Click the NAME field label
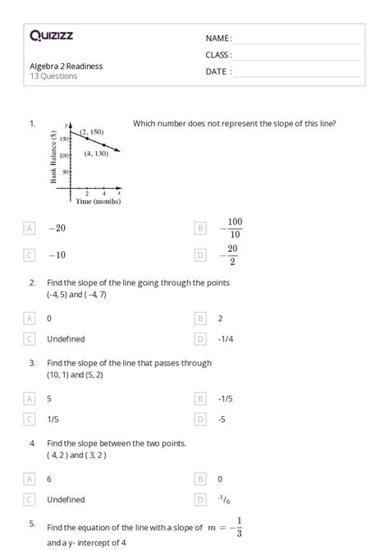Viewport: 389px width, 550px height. click(218, 39)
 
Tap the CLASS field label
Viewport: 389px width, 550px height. click(218, 55)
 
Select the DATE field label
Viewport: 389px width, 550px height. click(218, 71)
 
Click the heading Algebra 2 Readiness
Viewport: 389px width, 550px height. click(66, 66)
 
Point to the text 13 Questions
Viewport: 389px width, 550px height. click(53, 76)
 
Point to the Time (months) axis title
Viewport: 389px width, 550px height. click(98, 201)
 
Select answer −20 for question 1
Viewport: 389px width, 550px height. click(57, 228)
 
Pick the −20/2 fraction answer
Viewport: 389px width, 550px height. click(231, 255)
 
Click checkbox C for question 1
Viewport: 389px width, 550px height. click(30, 255)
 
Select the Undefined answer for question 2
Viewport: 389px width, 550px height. click(66, 338)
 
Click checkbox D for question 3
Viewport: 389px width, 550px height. click(200, 418)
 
